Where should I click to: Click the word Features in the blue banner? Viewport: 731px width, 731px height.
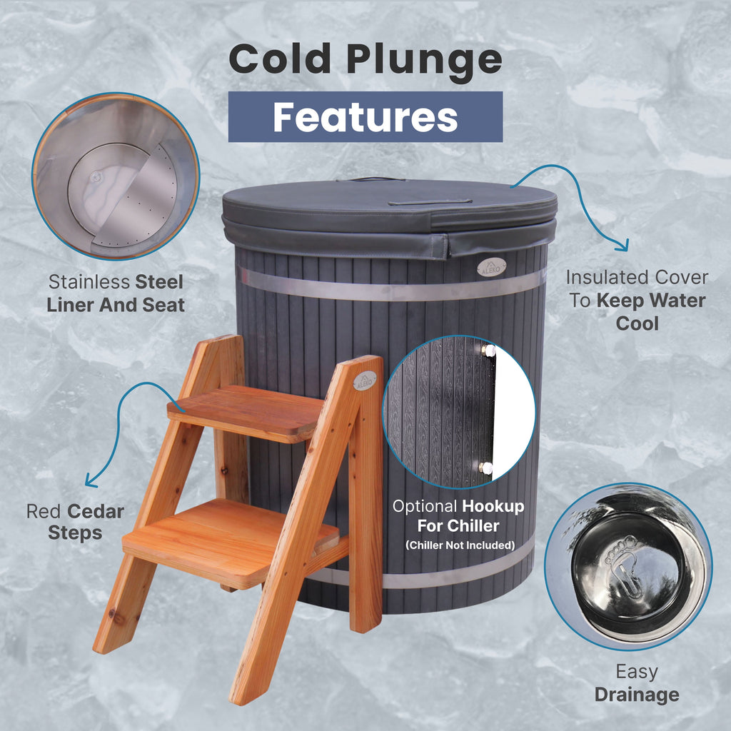click(x=365, y=117)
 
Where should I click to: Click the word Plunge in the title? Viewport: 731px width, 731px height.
click(x=425, y=59)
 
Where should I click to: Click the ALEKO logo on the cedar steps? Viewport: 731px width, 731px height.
click(x=364, y=380)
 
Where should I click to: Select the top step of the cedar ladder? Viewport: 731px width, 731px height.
click(x=243, y=412)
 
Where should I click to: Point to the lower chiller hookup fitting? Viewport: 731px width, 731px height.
click(x=486, y=468)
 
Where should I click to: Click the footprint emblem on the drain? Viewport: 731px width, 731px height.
click(x=623, y=569)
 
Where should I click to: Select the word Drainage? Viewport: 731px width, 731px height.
click(x=637, y=694)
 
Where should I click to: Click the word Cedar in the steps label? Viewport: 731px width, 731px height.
click(x=96, y=511)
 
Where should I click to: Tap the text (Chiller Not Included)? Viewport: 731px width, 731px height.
click(x=460, y=545)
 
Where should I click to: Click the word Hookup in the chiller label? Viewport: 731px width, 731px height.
click(x=493, y=507)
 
